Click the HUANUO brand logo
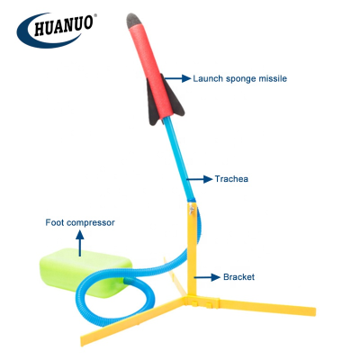[57, 30]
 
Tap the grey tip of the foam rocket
[133, 21]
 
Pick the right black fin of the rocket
[175, 99]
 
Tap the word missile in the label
[274, 78]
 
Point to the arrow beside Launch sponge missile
[177, 78]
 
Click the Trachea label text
[231, 179]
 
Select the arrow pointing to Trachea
[199, 179]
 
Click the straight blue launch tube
[179, 159]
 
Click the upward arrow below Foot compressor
[80, 243]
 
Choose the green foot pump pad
[85, 272]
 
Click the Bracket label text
[238, 277]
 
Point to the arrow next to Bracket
[207, 277]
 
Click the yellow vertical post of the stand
[192, 250]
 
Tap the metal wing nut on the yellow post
[191, 210]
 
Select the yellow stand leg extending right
[264, 305]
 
